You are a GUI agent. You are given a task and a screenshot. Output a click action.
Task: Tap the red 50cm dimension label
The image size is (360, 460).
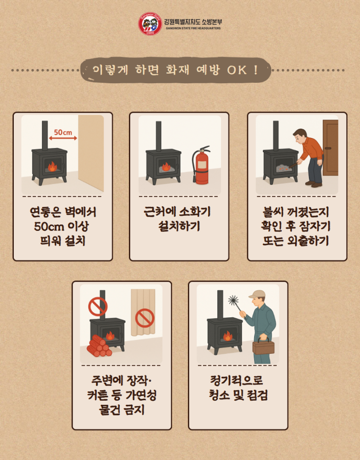tap(63, 132)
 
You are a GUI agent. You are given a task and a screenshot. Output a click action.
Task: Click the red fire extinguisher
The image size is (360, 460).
tap(202, 167)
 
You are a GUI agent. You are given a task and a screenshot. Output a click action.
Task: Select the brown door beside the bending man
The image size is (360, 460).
tap(330, 148)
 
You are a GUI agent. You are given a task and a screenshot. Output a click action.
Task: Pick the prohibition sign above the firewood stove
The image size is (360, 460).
tap(98, 306)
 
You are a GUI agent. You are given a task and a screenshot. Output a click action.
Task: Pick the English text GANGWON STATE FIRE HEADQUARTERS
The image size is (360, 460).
tap(193, 29)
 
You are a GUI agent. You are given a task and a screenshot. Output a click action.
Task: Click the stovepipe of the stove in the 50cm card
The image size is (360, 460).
tap(45, 135)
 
